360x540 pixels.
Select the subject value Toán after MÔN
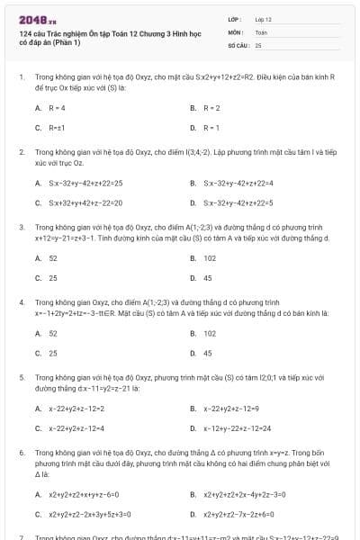261,31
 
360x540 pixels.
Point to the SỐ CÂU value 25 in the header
258,44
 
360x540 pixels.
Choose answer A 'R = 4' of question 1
58,108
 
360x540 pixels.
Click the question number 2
21,152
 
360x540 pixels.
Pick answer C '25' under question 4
53,353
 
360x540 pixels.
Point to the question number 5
21,378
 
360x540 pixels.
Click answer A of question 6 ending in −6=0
84,494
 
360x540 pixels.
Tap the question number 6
21,453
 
